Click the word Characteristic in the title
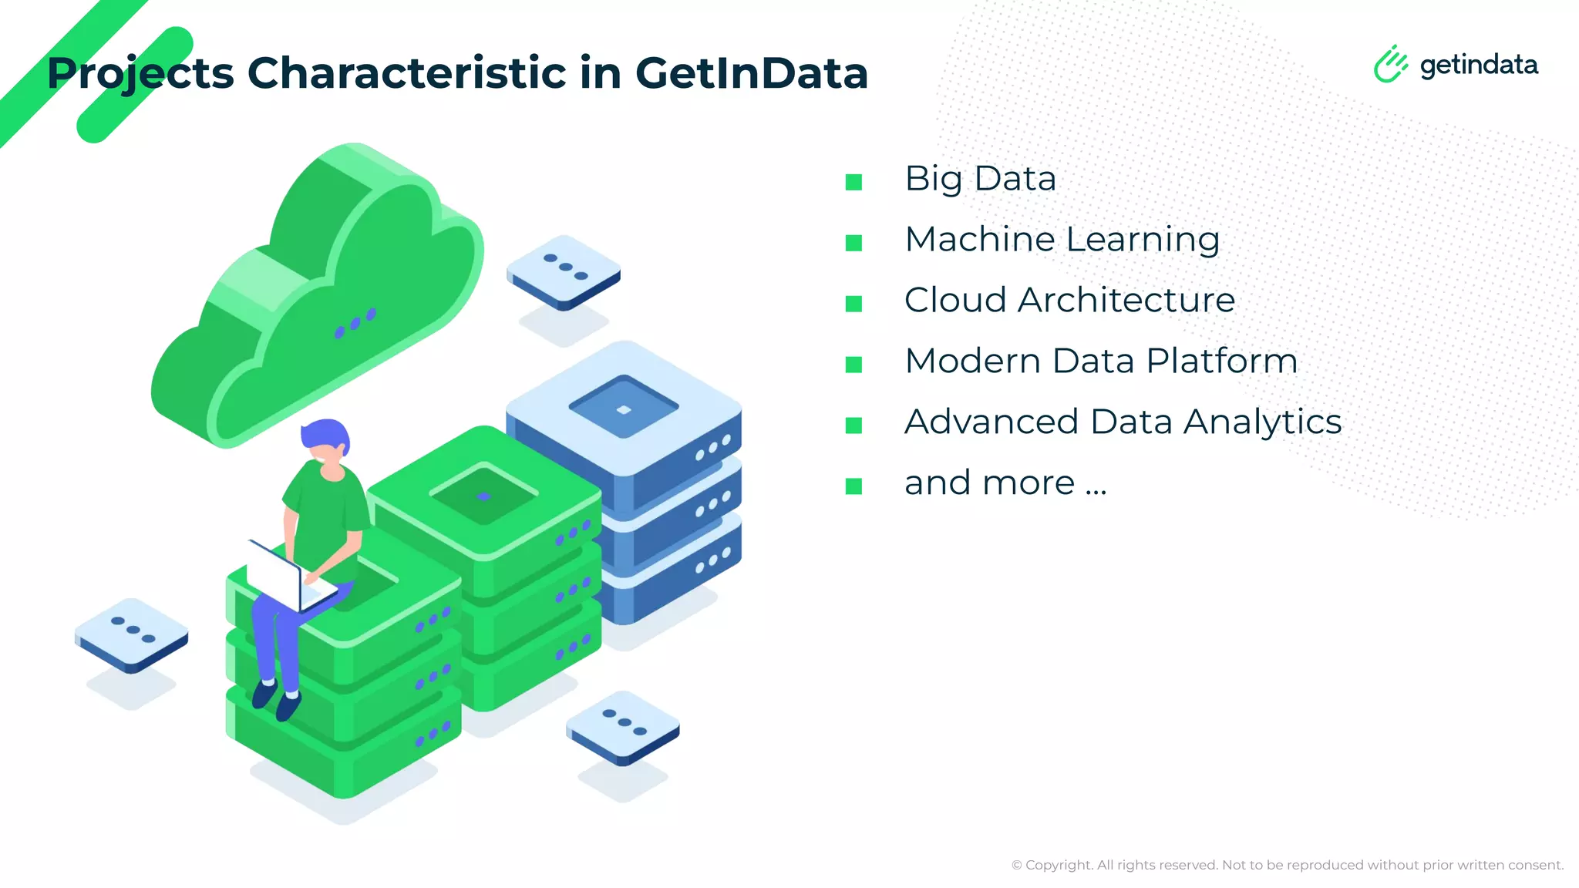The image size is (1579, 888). (406, 73)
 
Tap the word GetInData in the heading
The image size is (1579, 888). (751, 73)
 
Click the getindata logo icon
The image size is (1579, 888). (1390, 64)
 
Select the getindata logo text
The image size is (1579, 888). (1479, 66)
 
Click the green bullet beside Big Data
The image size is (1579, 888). (853, 182)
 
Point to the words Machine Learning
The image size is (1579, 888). (1062, 239)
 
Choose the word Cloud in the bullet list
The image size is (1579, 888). (955, 300)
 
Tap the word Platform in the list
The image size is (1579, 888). (1221, 361)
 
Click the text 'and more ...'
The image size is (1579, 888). (1005, 483)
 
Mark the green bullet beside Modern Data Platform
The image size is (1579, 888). (853, 364)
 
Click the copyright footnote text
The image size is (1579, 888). (1287, 865)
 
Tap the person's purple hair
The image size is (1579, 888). (325, 435)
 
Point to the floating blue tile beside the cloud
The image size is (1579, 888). (564, 271)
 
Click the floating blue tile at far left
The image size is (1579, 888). (132, 634)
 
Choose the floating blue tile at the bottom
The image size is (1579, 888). (623, 727)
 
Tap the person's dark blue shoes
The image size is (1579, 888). (276, 698)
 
